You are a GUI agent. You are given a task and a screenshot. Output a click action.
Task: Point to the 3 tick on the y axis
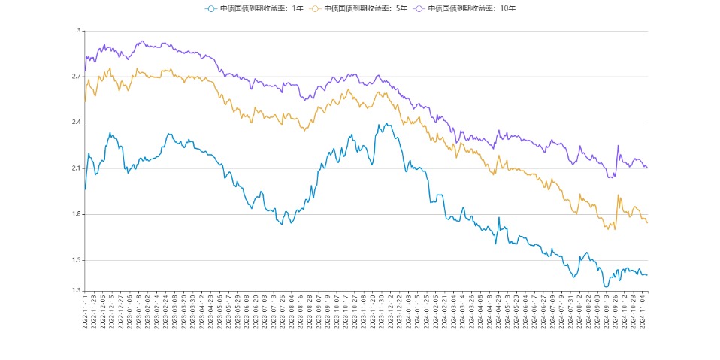coord(78,31)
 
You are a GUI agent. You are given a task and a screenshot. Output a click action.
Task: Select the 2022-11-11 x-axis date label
coord(86,312)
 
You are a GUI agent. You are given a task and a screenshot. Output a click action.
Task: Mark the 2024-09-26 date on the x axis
coord(617,312)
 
